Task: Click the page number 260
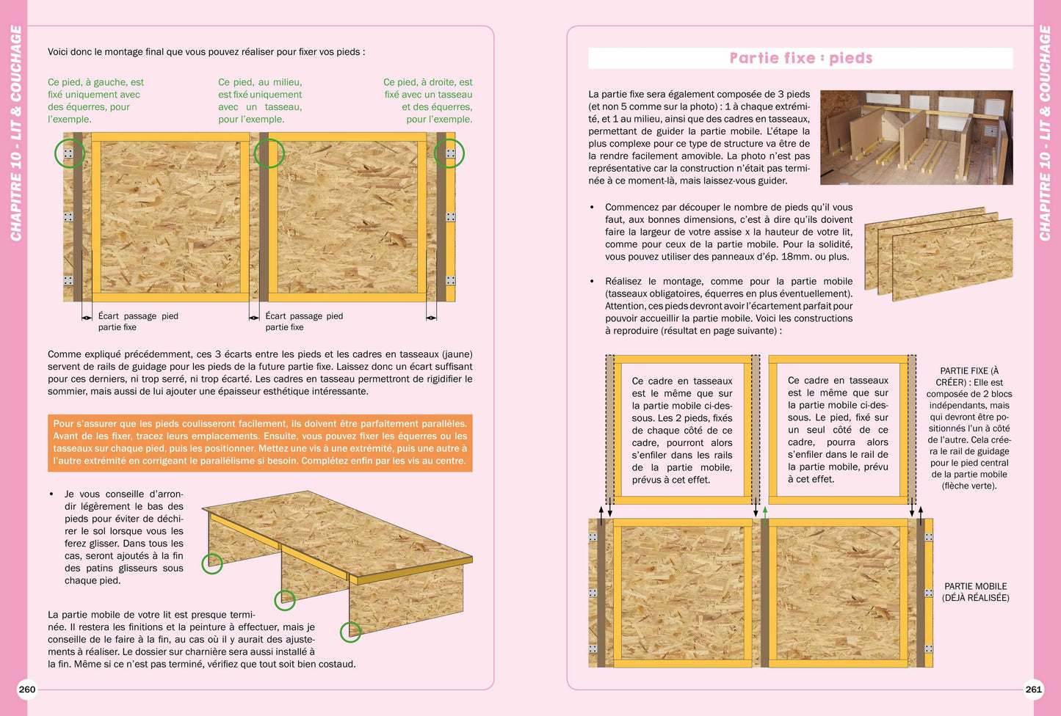[x=27, y=689]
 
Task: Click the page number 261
[x=1033, y=689]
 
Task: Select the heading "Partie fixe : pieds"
[x=800, y=58]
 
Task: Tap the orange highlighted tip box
[x=260, y=442]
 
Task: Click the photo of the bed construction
[x=916, y=137]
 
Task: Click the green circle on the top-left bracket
[x=70, y=153]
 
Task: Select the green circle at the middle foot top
[x=269, y=153]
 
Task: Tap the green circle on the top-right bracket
[x=449, y=153]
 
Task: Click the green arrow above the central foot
[x=765, y=511]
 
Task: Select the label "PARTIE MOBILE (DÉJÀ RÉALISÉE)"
[x=975, y=592]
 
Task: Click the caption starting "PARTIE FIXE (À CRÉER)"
[x=968, y=428]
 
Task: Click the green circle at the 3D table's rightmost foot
[x=350, y=632]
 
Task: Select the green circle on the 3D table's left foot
[x=212, y=563]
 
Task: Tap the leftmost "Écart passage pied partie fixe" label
[x=137, y=321]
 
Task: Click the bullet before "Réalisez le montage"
[x=593, y=282]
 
